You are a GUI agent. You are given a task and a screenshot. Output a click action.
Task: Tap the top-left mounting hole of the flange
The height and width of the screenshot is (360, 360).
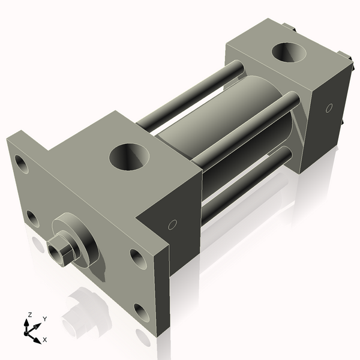pos(21,162)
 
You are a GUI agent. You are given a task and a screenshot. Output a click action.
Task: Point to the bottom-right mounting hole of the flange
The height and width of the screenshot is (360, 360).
pos(142,311)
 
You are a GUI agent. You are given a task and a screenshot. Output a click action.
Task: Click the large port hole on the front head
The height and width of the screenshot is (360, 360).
pos(127,157)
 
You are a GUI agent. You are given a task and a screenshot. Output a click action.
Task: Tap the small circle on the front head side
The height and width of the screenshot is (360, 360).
pos(172,225)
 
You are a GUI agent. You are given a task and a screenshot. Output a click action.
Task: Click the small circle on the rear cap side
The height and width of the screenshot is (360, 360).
pos(328,108)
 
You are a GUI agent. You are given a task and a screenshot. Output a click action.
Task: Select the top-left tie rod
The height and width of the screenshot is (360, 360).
pos(189,96)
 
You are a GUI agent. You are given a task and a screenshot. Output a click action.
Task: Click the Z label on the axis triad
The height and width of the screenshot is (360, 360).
pos(29,314)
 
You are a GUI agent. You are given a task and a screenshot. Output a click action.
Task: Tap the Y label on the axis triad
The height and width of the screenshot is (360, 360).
pos(44,319)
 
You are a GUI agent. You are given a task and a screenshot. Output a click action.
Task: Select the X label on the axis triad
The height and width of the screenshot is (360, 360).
pos(44,340)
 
